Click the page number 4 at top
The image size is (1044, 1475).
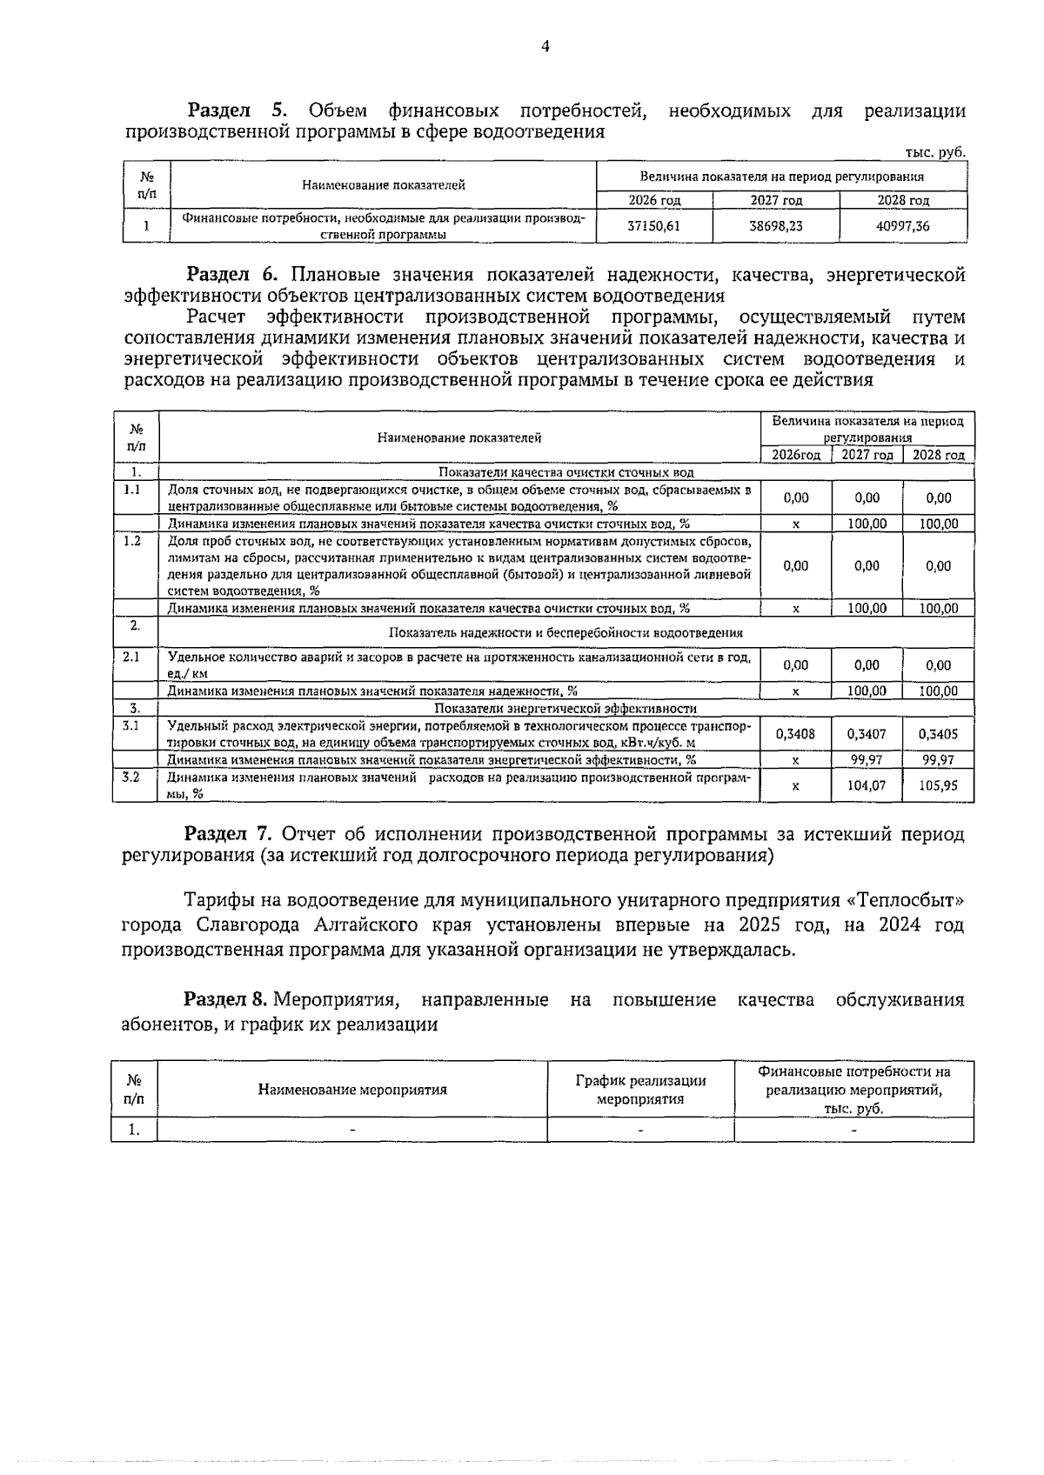coord(545,47)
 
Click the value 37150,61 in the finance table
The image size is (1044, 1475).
coord(653,226)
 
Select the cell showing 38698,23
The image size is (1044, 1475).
coord(776,226)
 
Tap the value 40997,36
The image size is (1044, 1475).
coord(903,226)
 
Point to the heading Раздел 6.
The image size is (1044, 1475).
coord(232,276)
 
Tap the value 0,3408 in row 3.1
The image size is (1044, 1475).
coord(795,734)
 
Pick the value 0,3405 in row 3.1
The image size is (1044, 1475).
coord(938,734)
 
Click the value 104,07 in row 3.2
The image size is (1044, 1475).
coord(867,784)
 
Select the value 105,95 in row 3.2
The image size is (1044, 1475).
coord(938,784)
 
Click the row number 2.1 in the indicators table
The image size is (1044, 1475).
coord(132,657)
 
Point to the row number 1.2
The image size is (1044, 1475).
coord(132,541)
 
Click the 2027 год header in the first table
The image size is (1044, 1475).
coord(776,201)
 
